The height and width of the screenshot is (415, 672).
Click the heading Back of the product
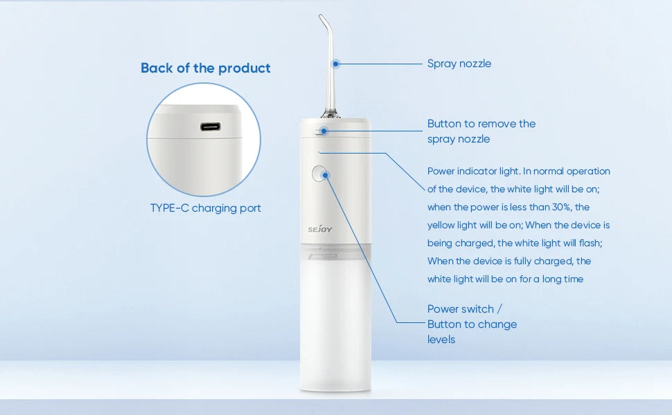pyautogui.click(x=205, y=68)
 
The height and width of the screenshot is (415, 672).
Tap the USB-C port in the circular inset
pyautogui.click(x=211, y=127)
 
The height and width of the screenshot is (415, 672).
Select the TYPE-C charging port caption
pyautogui.click(x=205, y=208)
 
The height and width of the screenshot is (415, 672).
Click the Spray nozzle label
pyautogui.click(x=459, y=64)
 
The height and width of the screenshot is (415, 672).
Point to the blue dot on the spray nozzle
pyautogui.click(x=336, y=64)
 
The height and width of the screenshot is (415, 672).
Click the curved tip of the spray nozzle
pyautogui.click(x=322, y=19)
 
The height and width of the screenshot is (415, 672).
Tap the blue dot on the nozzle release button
pyautogui.click(x=324, y=131)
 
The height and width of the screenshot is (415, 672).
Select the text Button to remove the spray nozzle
pyautogui.click(x=481, y=131)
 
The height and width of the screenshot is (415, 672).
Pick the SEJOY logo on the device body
pyautogui.click(x=319, y=230)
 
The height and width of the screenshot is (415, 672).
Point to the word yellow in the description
pyautogui.click(x=441, y=225)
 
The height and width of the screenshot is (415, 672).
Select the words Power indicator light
pyautogui.click(x=473, y=172)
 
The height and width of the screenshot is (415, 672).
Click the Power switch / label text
pyautogui.click(x=465, y=309)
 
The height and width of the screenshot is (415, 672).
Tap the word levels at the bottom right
pyautogui.click(x=441, y=340)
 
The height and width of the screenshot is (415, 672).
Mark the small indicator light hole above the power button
pyautogui.click(x=319, y=152)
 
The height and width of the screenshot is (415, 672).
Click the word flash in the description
pyautogui.click(x=590, y=243)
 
